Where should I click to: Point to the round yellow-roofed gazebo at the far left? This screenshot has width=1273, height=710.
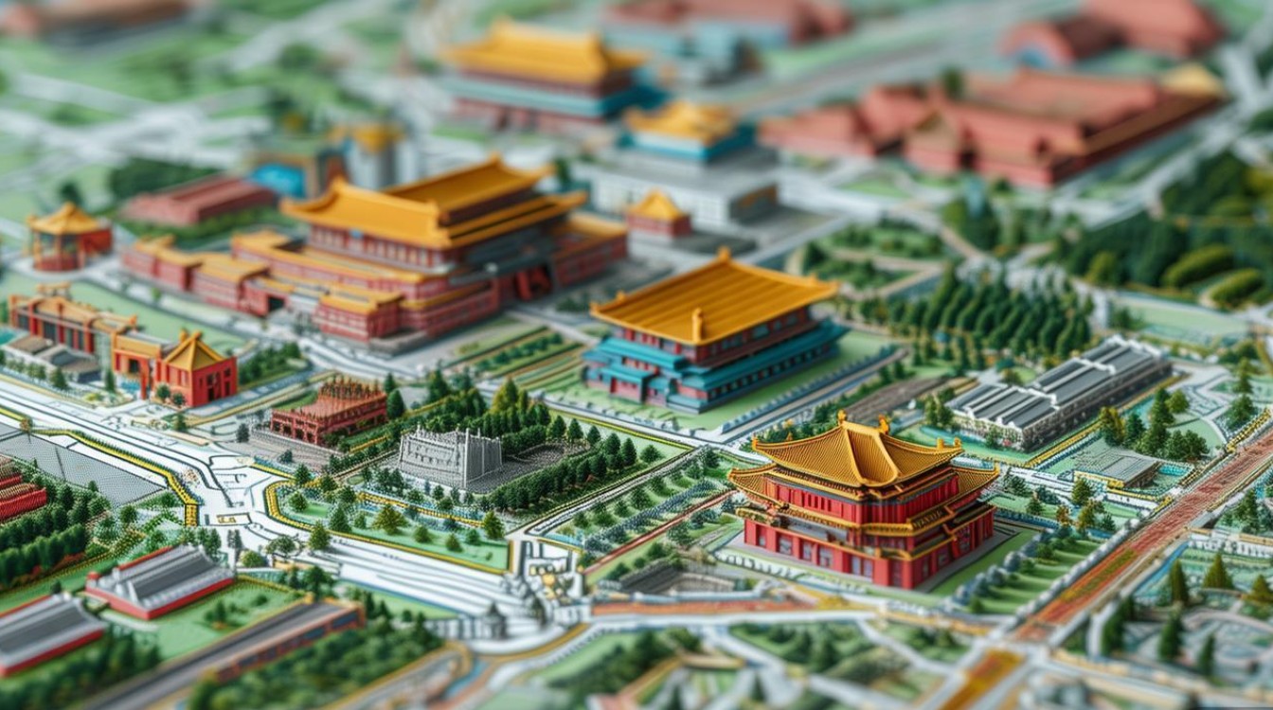[x=69, y=236]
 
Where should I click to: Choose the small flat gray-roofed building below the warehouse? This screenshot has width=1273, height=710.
[x=1116, y=467]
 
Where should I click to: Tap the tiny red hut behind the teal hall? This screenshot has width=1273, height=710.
[x=658, y=216]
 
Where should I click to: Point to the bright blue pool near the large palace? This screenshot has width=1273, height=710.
[x=277, y=179]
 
